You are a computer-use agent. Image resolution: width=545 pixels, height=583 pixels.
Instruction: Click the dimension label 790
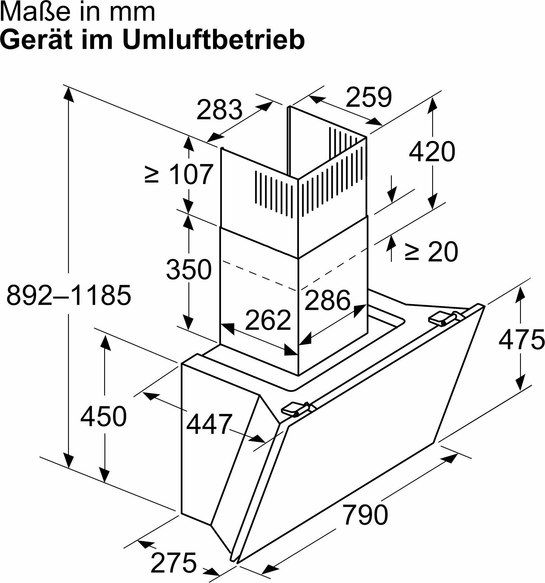click(x=365, y=514)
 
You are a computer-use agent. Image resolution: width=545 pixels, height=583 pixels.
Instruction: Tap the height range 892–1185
click(x=69, y=295)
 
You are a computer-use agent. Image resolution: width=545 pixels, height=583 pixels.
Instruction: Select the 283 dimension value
click(x=219, y=109)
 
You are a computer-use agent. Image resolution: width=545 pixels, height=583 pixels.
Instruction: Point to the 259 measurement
click(x=369, y=97)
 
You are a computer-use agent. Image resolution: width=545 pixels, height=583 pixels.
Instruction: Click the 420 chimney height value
click(x=432, y=151)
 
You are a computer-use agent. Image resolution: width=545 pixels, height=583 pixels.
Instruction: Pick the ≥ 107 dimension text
click(x=179, y=174)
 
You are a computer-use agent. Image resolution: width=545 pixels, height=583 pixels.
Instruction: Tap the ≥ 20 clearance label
click(x=431, y=251)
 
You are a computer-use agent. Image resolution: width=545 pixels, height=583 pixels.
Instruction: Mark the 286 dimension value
click(x=327, y=300)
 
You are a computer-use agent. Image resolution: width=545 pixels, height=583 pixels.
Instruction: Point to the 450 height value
click(x=103, y=416)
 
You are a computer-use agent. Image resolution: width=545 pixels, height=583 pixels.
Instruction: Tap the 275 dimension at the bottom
click(x=173, y=563)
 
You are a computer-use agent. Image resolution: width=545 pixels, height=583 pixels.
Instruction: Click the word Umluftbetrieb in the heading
click(x=214, y=40)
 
